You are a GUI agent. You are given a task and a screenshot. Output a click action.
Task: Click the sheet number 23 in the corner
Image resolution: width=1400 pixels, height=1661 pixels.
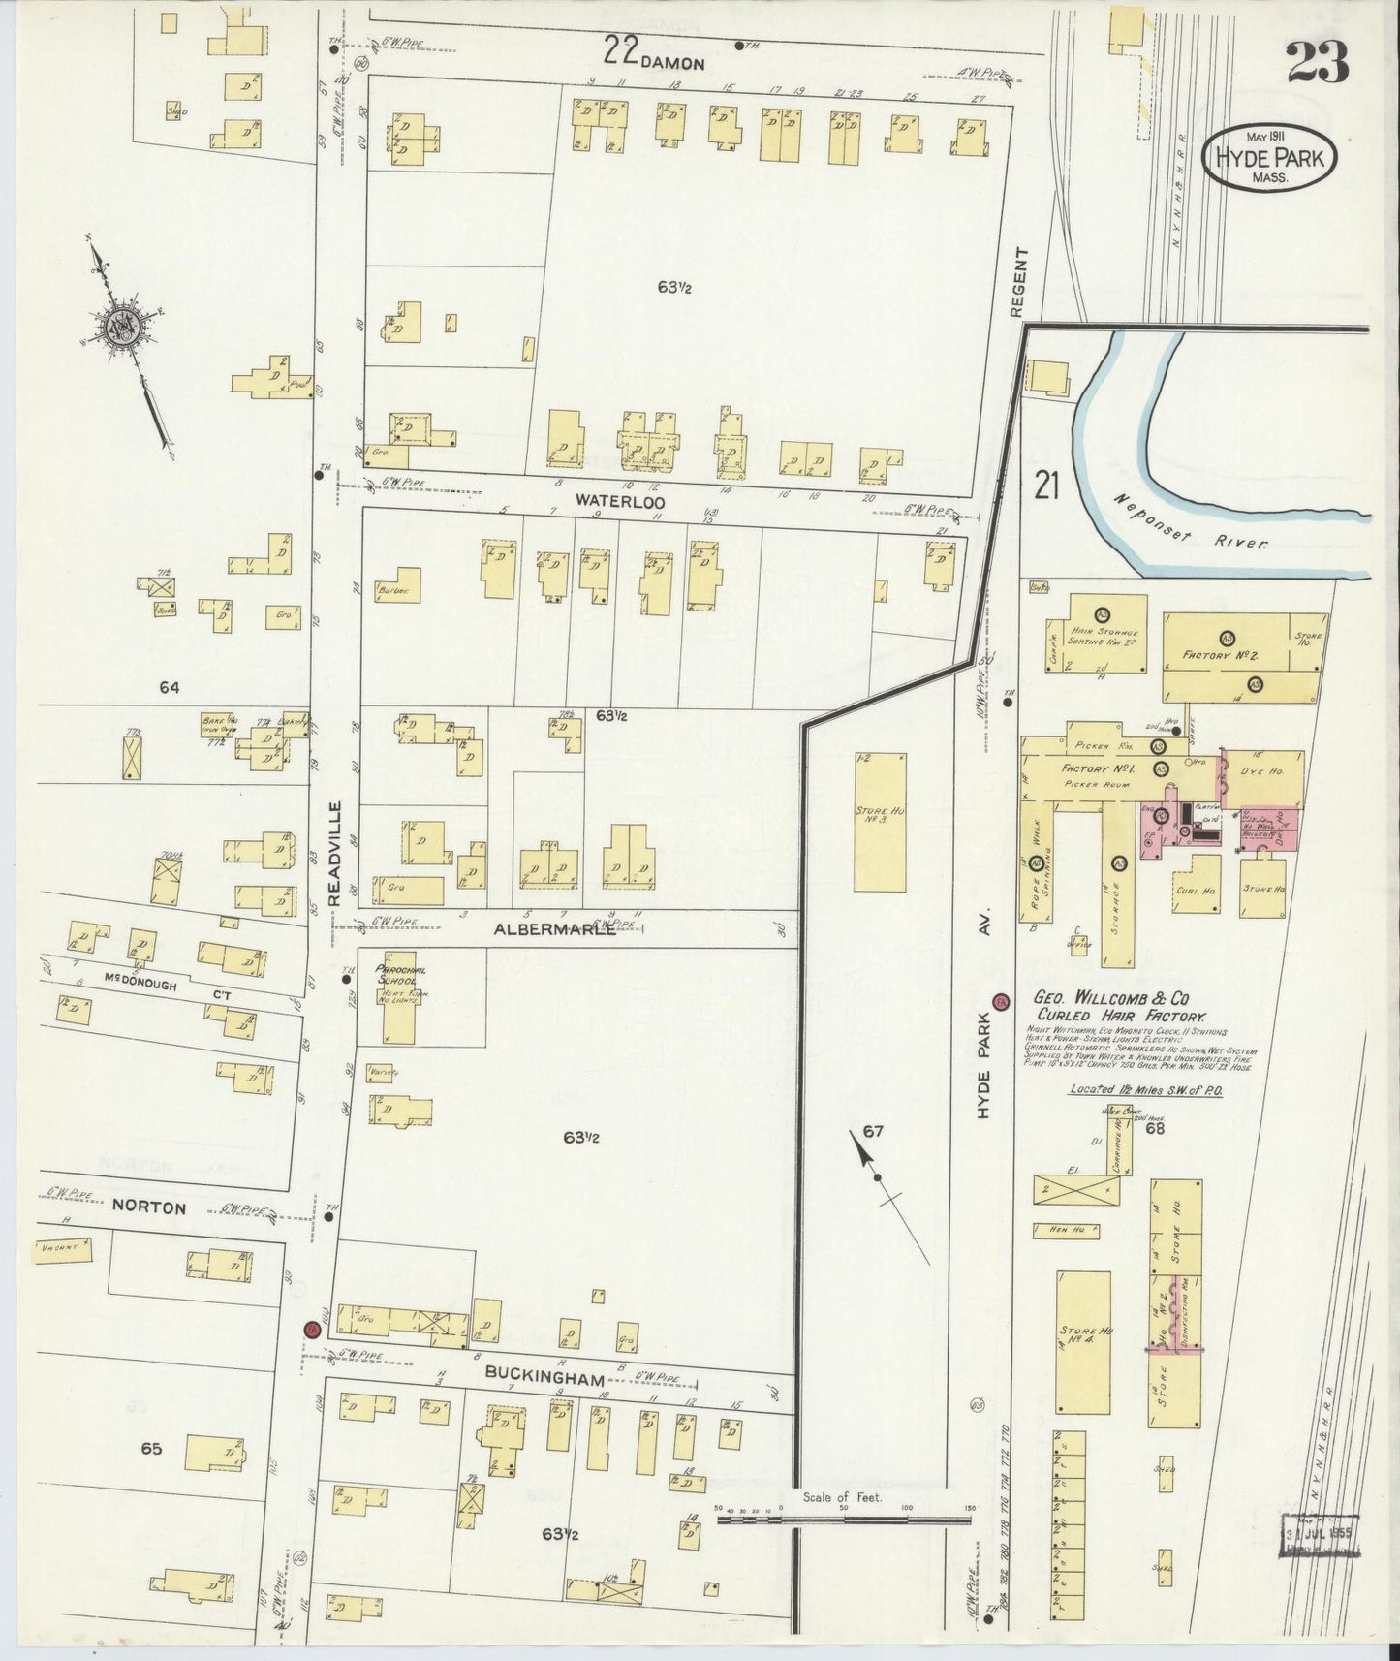[x=1317, y=64]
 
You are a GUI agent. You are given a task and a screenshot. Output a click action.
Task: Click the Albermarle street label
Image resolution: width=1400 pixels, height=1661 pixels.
[x=554, y=928]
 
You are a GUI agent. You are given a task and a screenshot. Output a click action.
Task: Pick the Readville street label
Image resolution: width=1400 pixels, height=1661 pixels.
[x=334, y=853]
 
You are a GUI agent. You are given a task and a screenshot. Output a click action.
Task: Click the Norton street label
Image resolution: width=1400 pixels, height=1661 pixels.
[x=148, y=1207]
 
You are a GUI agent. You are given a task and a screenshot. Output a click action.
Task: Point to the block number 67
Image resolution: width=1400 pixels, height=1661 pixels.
[x=873, y=1131]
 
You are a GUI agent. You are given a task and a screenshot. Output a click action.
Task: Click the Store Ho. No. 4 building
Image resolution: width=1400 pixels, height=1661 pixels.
[x=1082, y=1341]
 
